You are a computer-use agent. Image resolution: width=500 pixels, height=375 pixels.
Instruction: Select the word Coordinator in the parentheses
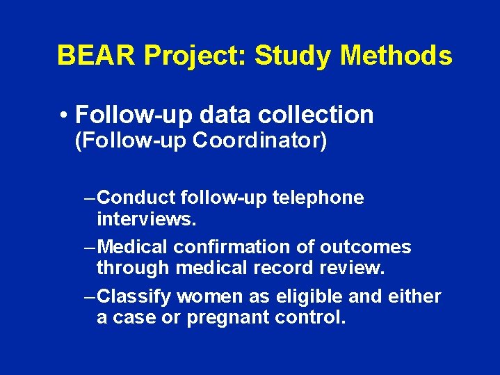pyautogui.click(x=255, y=141)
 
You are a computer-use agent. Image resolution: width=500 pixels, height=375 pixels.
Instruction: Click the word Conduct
pyautogui.click(x=135, y=198)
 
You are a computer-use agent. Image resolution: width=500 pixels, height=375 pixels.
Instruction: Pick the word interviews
pyautogui.click(x=146, y=220)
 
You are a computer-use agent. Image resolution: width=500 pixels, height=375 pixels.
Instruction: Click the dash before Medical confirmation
pyautogui.click(x=88, y=247)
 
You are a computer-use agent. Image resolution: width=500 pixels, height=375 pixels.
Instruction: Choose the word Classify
pyautogui.click(x=135, y=296)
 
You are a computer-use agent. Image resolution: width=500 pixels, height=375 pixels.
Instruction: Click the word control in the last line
pyautogui.click(x=311, y=319)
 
